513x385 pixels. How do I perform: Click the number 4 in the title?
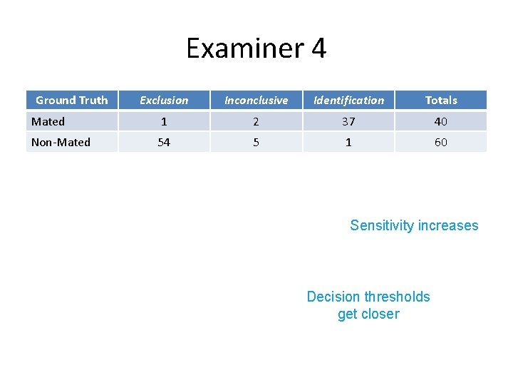319,48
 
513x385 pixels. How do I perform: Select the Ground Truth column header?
71,101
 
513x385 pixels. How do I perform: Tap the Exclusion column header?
164,101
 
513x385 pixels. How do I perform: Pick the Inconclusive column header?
256,101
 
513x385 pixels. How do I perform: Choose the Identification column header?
348,101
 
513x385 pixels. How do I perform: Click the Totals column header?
441,101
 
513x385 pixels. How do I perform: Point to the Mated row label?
48,122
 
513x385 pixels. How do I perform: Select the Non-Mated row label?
61,143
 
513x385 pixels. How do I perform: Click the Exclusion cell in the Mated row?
164,122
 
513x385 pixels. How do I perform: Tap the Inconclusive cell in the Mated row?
256,122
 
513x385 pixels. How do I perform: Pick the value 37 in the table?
348,122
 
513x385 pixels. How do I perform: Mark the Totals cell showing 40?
441,122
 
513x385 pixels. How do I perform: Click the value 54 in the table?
164,143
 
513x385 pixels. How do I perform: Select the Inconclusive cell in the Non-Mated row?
256,143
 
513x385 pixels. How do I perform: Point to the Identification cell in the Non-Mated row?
348,143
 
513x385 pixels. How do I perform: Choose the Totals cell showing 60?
441,143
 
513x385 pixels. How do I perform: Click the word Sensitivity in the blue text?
382,226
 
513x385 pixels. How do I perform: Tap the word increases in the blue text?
448,226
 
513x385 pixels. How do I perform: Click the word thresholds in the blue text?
397,297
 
